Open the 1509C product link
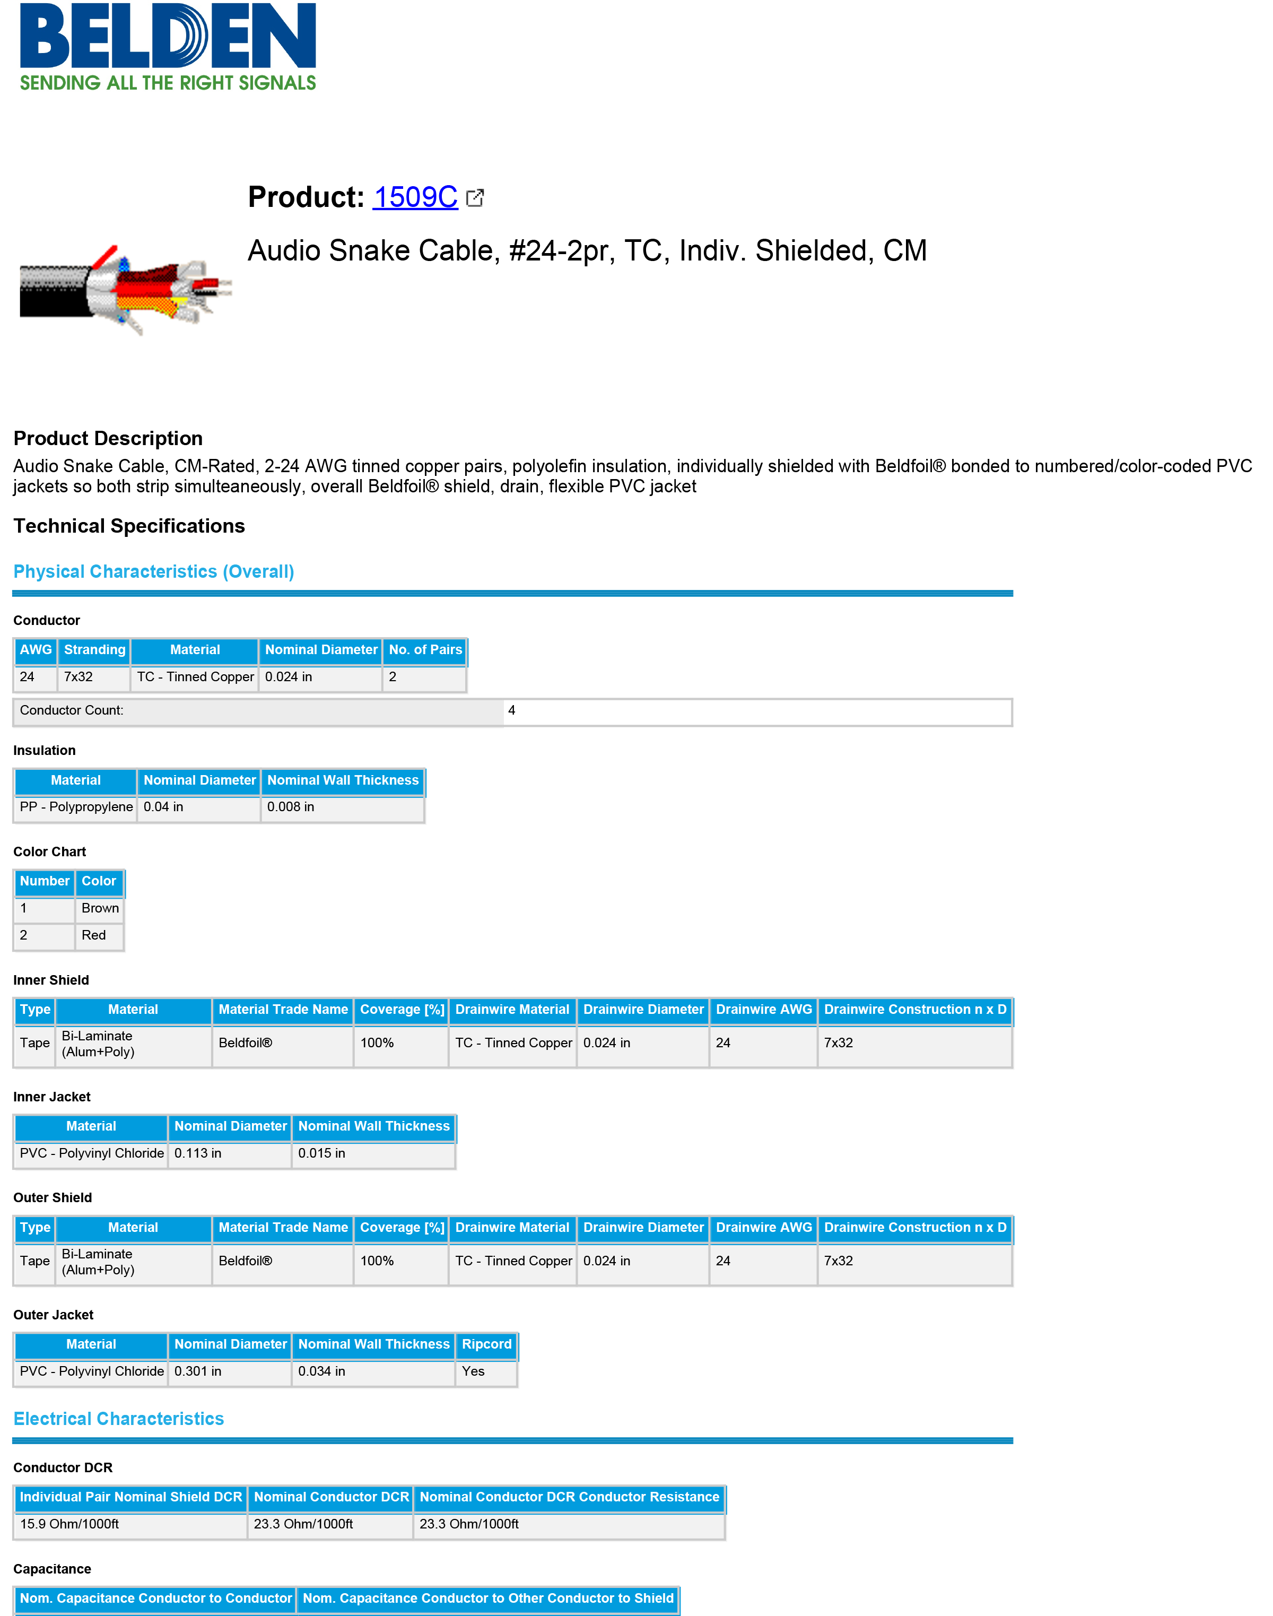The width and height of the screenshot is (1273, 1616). point(415,197)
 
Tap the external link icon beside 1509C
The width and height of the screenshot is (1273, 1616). point(475,197)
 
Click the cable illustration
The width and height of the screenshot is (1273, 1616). point(125,289)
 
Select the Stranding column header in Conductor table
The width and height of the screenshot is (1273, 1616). point(94,650)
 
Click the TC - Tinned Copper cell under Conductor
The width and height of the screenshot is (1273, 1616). point(195,677)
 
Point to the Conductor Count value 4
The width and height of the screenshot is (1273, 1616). point(511,710)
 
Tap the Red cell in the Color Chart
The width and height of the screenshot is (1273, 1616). point(94,935)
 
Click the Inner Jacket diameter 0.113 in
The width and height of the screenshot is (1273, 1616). point(197,1153)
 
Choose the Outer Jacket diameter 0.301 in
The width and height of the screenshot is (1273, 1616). point(197,1371)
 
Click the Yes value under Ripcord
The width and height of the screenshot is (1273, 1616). point(473,1371)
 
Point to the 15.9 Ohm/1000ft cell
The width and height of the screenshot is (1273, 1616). point(69,1524)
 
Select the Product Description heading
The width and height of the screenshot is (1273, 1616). point(108,438)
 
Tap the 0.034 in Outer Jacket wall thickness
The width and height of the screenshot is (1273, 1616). point(321,1371)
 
